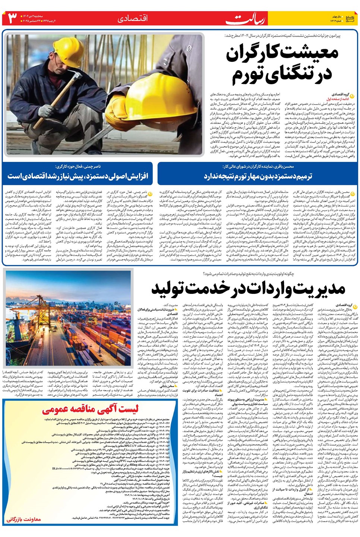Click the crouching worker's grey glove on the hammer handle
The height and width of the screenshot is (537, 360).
[x=47, y=110]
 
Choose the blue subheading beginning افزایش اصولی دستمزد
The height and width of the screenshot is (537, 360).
[x=78, y=176]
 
